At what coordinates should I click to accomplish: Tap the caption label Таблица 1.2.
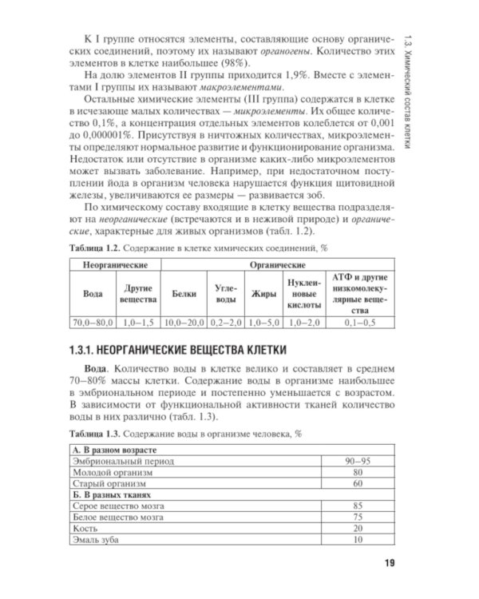coord(96,247)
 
